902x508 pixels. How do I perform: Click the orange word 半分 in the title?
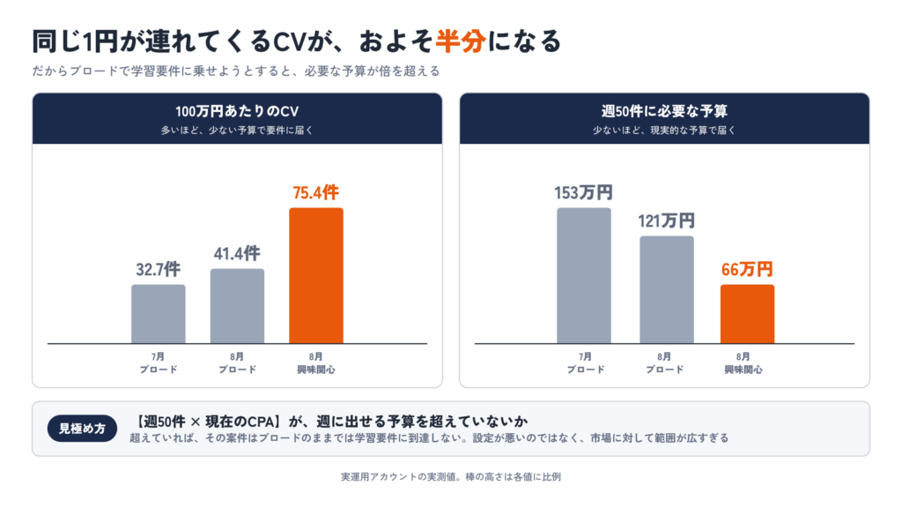(x=460, y=41)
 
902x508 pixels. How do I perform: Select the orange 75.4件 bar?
(x=316, y=275)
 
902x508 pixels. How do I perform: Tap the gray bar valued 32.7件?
(x=159, y=314)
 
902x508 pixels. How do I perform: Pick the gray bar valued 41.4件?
(x=237, y=306)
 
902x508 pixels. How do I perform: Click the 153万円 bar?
(x=584, y=275)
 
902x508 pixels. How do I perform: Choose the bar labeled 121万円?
(x=667, y=289)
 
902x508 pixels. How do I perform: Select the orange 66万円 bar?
(x=747, y=314)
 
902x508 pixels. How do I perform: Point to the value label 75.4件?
(x=316, y=192)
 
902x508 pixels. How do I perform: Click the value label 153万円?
(x=583, y=192)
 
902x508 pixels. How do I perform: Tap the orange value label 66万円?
(x=747, y=269)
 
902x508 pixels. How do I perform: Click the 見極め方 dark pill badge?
(x=82, y=429)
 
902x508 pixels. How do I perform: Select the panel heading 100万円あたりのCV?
(x=237, y=111)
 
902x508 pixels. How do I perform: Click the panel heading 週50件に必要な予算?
(x=664, y=111)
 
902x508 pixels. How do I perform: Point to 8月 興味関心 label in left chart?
(x=316, y=363)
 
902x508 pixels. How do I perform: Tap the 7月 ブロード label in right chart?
(x=586, y=363)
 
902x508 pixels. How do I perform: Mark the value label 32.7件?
(x=159, y=269)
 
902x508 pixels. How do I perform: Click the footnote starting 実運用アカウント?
(x=450, y=477)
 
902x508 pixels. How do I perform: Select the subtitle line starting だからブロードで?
(x=236, y=71)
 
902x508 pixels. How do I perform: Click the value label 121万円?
(x=666, y=220)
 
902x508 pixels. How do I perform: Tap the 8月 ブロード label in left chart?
(x=237, y=363)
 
